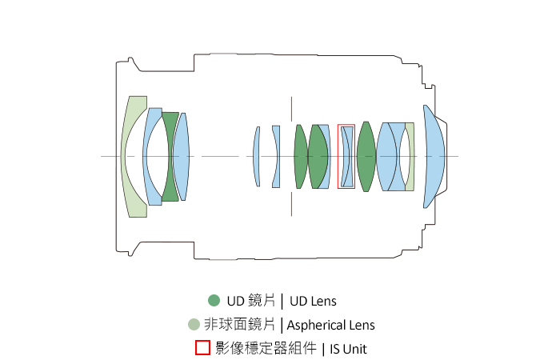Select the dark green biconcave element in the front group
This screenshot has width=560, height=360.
170,156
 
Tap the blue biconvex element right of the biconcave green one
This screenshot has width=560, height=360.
182,156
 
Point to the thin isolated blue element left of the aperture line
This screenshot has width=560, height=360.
257,156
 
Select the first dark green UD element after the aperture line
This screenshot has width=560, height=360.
300,156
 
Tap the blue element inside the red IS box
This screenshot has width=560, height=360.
346,156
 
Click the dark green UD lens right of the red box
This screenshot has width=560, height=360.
366,156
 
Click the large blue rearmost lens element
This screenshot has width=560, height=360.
434,156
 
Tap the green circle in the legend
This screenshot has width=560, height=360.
214,301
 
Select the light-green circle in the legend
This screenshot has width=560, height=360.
193,325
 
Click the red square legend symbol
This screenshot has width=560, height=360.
203,348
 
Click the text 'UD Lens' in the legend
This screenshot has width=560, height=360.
313,302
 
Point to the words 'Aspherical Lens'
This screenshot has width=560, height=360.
330,325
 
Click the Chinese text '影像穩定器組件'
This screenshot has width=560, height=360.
266,349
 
